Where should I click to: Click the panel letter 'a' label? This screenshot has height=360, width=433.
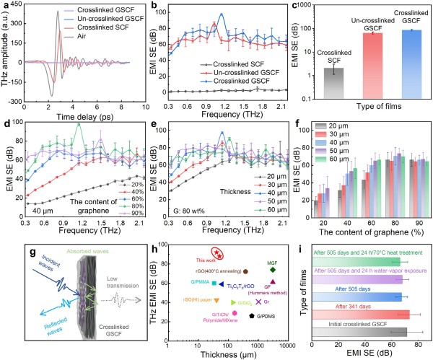tap(5, 6)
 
